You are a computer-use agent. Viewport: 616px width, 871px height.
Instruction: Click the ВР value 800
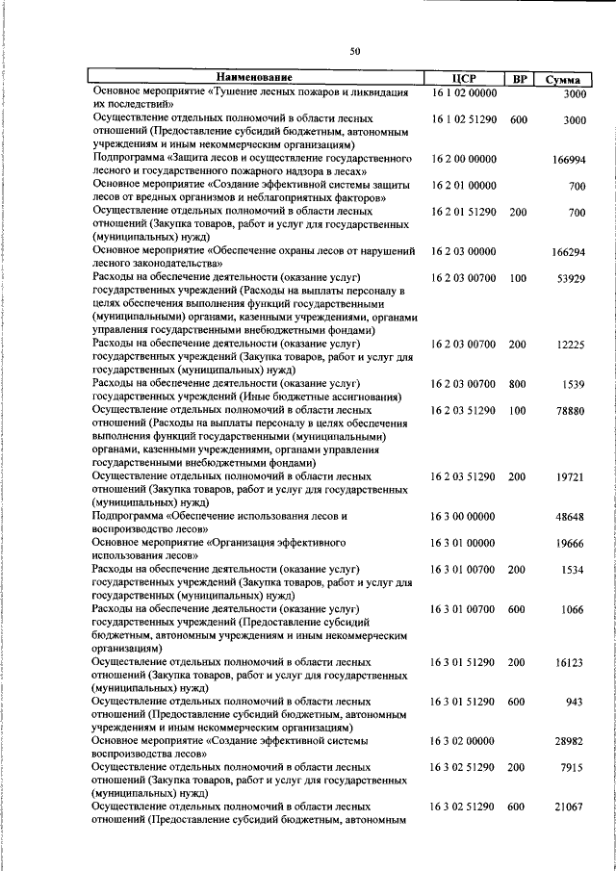coord(518,384)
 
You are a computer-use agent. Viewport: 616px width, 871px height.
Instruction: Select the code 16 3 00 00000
coord(464,517)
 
